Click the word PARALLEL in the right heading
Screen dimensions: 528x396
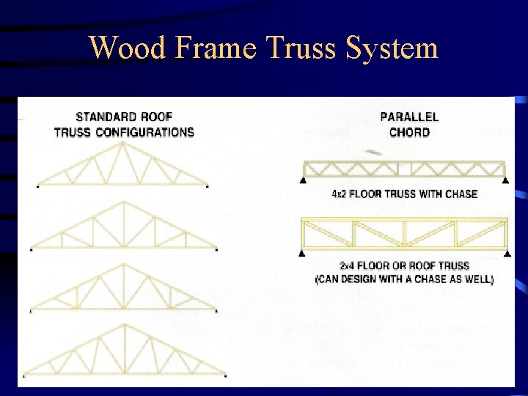(x=409, y=117)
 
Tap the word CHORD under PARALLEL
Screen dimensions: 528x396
(x=409, y=132)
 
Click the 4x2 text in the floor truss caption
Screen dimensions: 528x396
(x=341, y=194)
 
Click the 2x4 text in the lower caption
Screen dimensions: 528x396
(x=349, y=265)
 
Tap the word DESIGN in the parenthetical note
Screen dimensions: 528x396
(x=364, y=279)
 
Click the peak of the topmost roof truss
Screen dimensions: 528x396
(x=122, y=144)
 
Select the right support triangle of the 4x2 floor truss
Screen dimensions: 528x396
(x=505, y=180)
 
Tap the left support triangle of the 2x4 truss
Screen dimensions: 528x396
(x=302, y=253)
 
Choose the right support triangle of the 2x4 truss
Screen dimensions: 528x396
(x=507, y=253)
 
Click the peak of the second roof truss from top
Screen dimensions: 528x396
(x=124, y=204)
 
